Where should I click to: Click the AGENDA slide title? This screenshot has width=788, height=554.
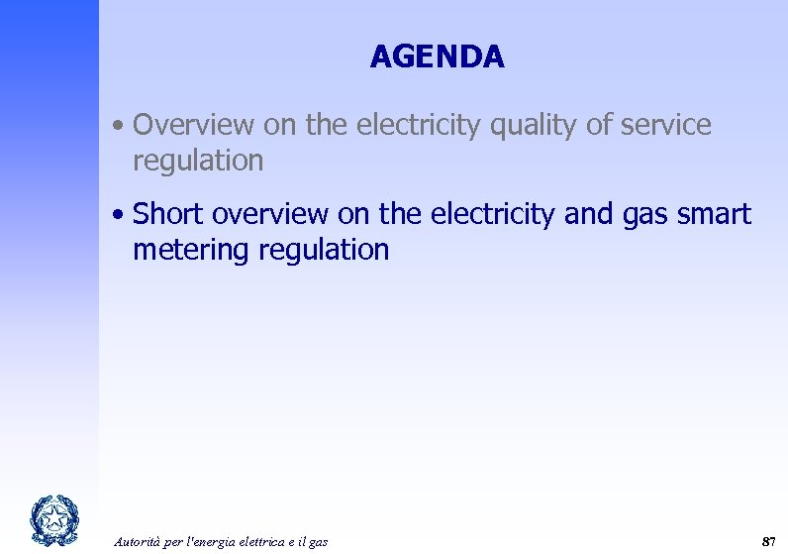[437, 57]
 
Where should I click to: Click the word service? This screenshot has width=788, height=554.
[665, 126]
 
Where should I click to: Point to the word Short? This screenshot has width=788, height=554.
[169, 214]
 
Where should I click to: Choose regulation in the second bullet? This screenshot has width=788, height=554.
[324, 250]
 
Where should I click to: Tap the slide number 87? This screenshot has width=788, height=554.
[767, 540]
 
